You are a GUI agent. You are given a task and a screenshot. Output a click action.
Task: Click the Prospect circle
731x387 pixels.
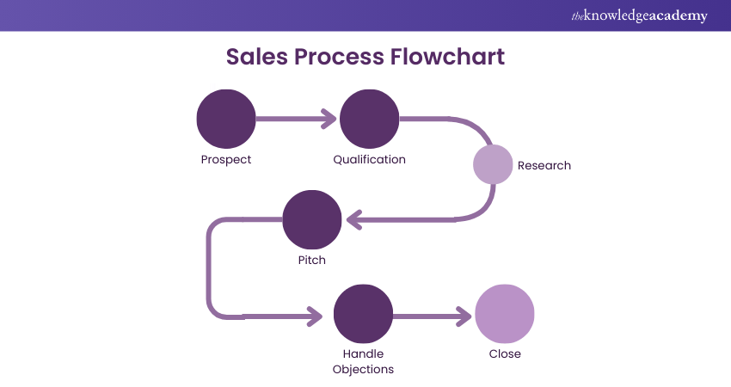226,119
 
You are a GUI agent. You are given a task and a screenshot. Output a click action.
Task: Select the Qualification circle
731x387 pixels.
369,119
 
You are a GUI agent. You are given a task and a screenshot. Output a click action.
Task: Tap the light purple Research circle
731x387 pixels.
493,164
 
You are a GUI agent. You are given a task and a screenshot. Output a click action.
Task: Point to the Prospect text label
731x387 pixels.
226,160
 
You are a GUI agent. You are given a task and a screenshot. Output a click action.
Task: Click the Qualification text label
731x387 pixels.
369,160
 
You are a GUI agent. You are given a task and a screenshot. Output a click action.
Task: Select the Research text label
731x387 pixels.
544,165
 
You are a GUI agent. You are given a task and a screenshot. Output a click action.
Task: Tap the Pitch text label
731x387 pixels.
312,260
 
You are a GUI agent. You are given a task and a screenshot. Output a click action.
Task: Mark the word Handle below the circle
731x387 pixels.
363,353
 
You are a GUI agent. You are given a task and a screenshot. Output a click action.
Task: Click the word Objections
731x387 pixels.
363,369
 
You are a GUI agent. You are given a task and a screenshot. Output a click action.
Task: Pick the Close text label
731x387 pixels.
505,353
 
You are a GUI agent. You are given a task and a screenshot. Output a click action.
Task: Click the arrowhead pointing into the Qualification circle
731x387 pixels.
329,119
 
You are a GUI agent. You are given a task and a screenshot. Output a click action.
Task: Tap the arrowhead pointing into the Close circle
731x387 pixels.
464,316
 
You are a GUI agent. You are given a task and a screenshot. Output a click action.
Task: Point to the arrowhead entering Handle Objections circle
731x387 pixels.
322,316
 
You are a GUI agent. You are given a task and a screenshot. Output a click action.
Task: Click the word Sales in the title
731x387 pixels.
257,57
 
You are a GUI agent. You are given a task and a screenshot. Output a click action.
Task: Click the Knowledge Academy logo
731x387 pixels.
640,15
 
